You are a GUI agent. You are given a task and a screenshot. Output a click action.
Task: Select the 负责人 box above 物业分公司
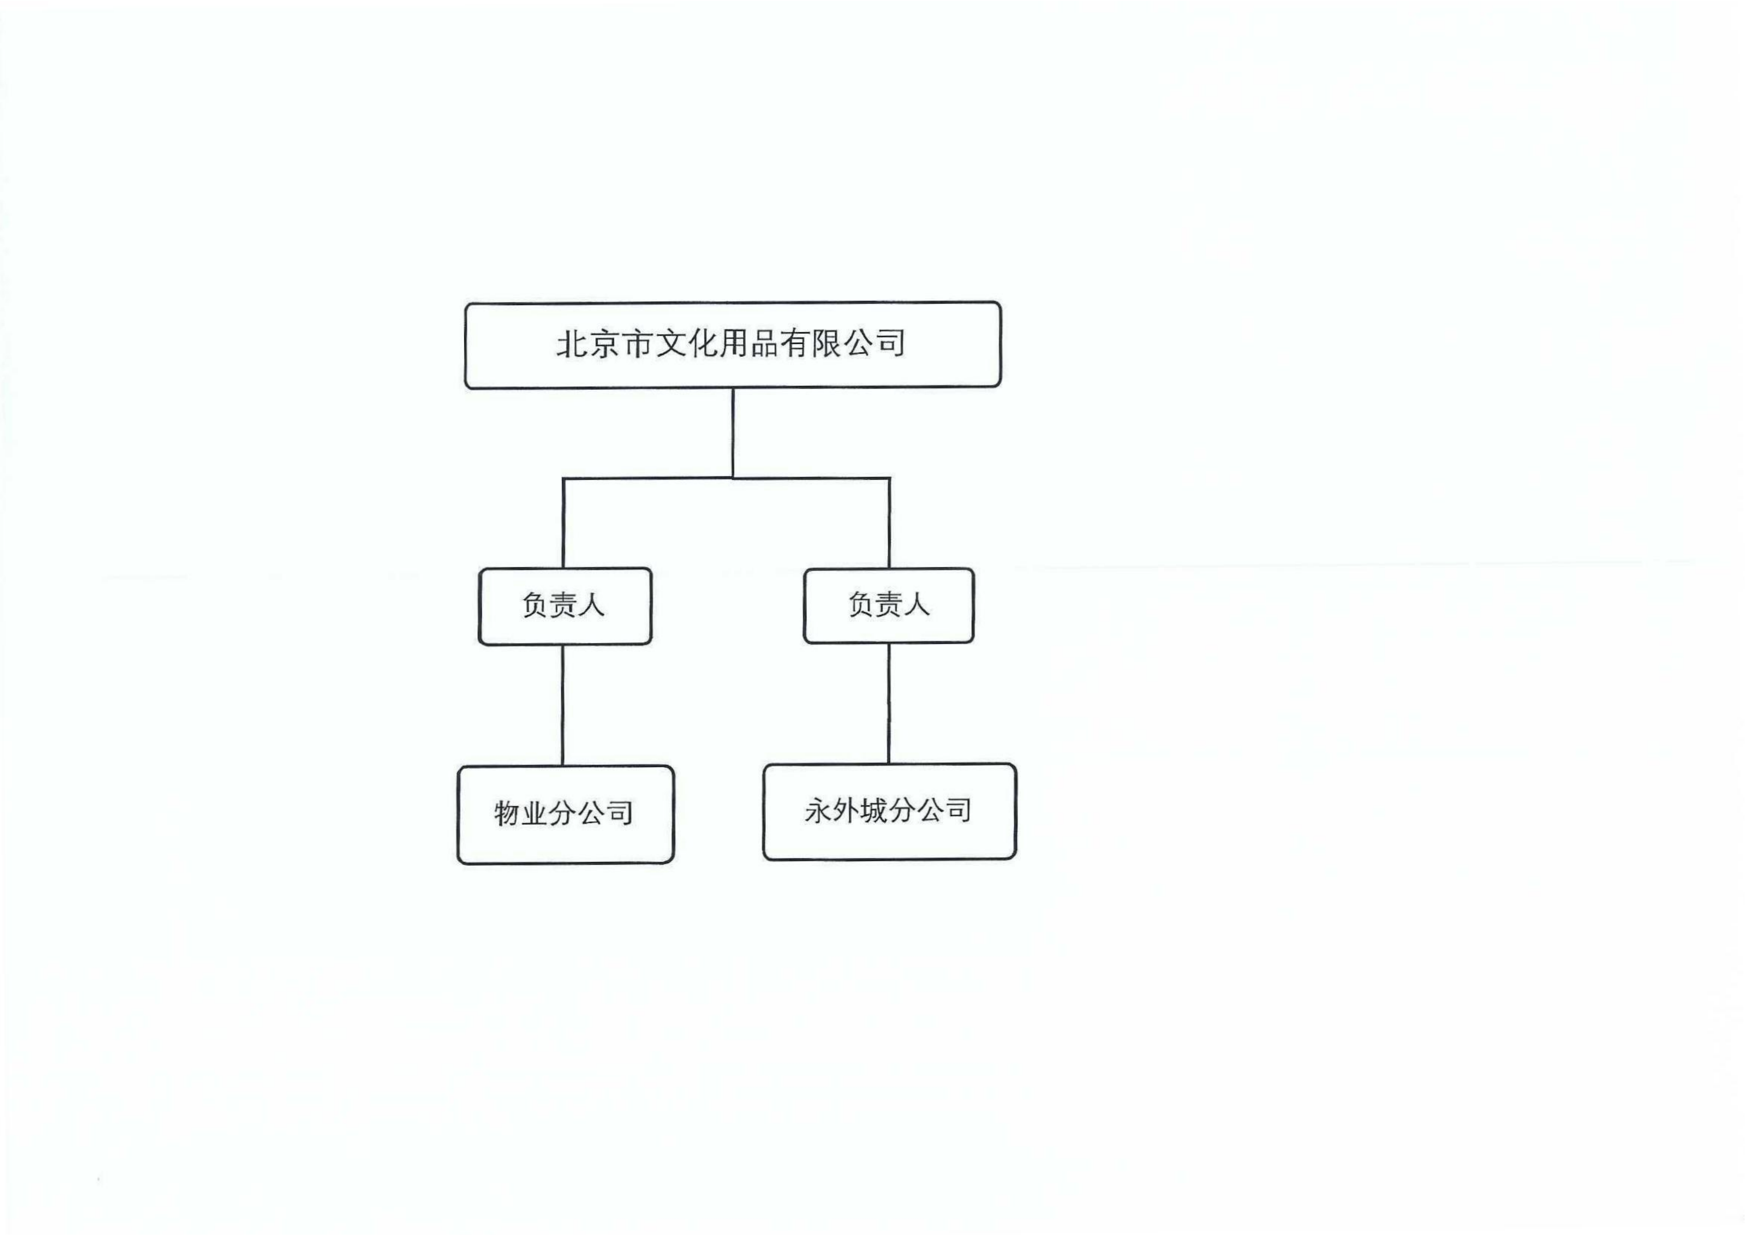[x=565, y=606]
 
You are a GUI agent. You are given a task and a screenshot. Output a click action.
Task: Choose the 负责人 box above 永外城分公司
[x=889, y=605]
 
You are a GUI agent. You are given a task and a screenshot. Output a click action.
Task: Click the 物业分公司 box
[x=565, y=814]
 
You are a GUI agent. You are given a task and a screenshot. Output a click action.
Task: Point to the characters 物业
[x=522, y=813]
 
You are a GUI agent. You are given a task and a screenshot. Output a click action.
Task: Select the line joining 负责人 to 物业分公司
[x=563, y=705]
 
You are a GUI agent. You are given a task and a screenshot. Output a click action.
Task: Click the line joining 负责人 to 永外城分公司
[x=889, y=704]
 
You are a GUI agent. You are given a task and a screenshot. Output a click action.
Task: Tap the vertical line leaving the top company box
[x=732, y=433]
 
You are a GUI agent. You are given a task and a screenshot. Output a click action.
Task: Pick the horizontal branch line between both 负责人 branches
[x=726, y=478]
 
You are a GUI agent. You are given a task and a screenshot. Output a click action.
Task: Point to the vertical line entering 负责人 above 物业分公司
[x=563, y=523]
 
